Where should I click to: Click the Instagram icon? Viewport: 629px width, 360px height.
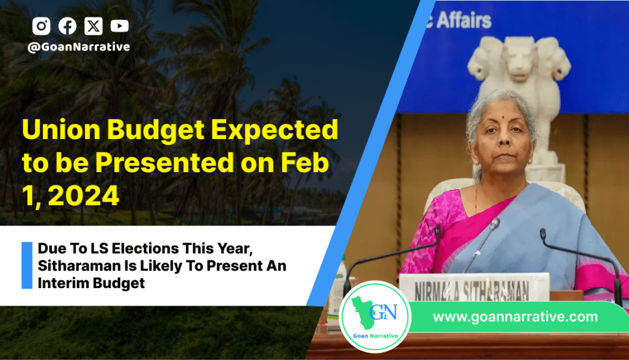coord(41,26)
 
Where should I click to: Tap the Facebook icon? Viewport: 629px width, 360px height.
coord(67,26)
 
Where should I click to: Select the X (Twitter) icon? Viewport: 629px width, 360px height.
coord(94,26)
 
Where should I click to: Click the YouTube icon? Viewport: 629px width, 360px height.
coord(120,26)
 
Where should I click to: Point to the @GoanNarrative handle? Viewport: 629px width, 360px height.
coord(79,47)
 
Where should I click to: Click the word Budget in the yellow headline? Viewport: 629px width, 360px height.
coord(155,131)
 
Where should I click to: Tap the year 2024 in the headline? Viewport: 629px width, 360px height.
coord(84,196)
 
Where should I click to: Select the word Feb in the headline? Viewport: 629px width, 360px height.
coord(304,163)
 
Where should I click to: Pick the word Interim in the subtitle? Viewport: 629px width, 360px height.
coord(60,283)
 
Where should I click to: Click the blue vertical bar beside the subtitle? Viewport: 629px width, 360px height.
coord(27,265)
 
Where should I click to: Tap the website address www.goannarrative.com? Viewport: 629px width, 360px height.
coord(515,316)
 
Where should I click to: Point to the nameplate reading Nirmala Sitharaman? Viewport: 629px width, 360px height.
coord(474,288)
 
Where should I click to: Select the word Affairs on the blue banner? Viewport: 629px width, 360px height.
coord(464,20)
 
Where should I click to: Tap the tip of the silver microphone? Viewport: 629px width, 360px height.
coord(496,223)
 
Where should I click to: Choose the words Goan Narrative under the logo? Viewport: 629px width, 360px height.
coord(376,336)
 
